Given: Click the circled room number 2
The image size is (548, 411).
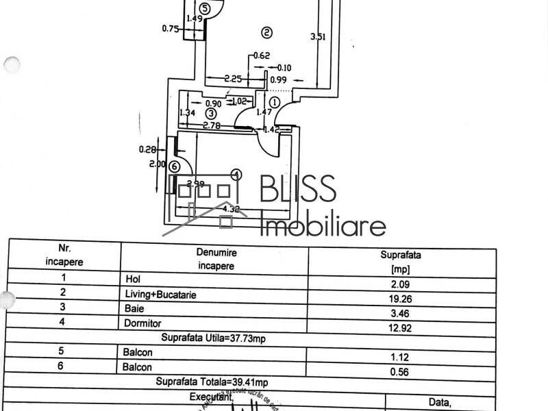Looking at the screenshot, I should tap(266, 32).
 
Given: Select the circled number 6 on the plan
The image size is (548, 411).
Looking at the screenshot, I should tap(174, 166).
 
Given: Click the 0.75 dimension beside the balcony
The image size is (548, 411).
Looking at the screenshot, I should tap(170, 28).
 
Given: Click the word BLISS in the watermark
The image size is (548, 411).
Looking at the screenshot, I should tap(297, 189).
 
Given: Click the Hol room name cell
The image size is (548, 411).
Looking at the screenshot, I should tap(133, 279).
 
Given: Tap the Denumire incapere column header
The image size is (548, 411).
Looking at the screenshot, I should tap(215, 258).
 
